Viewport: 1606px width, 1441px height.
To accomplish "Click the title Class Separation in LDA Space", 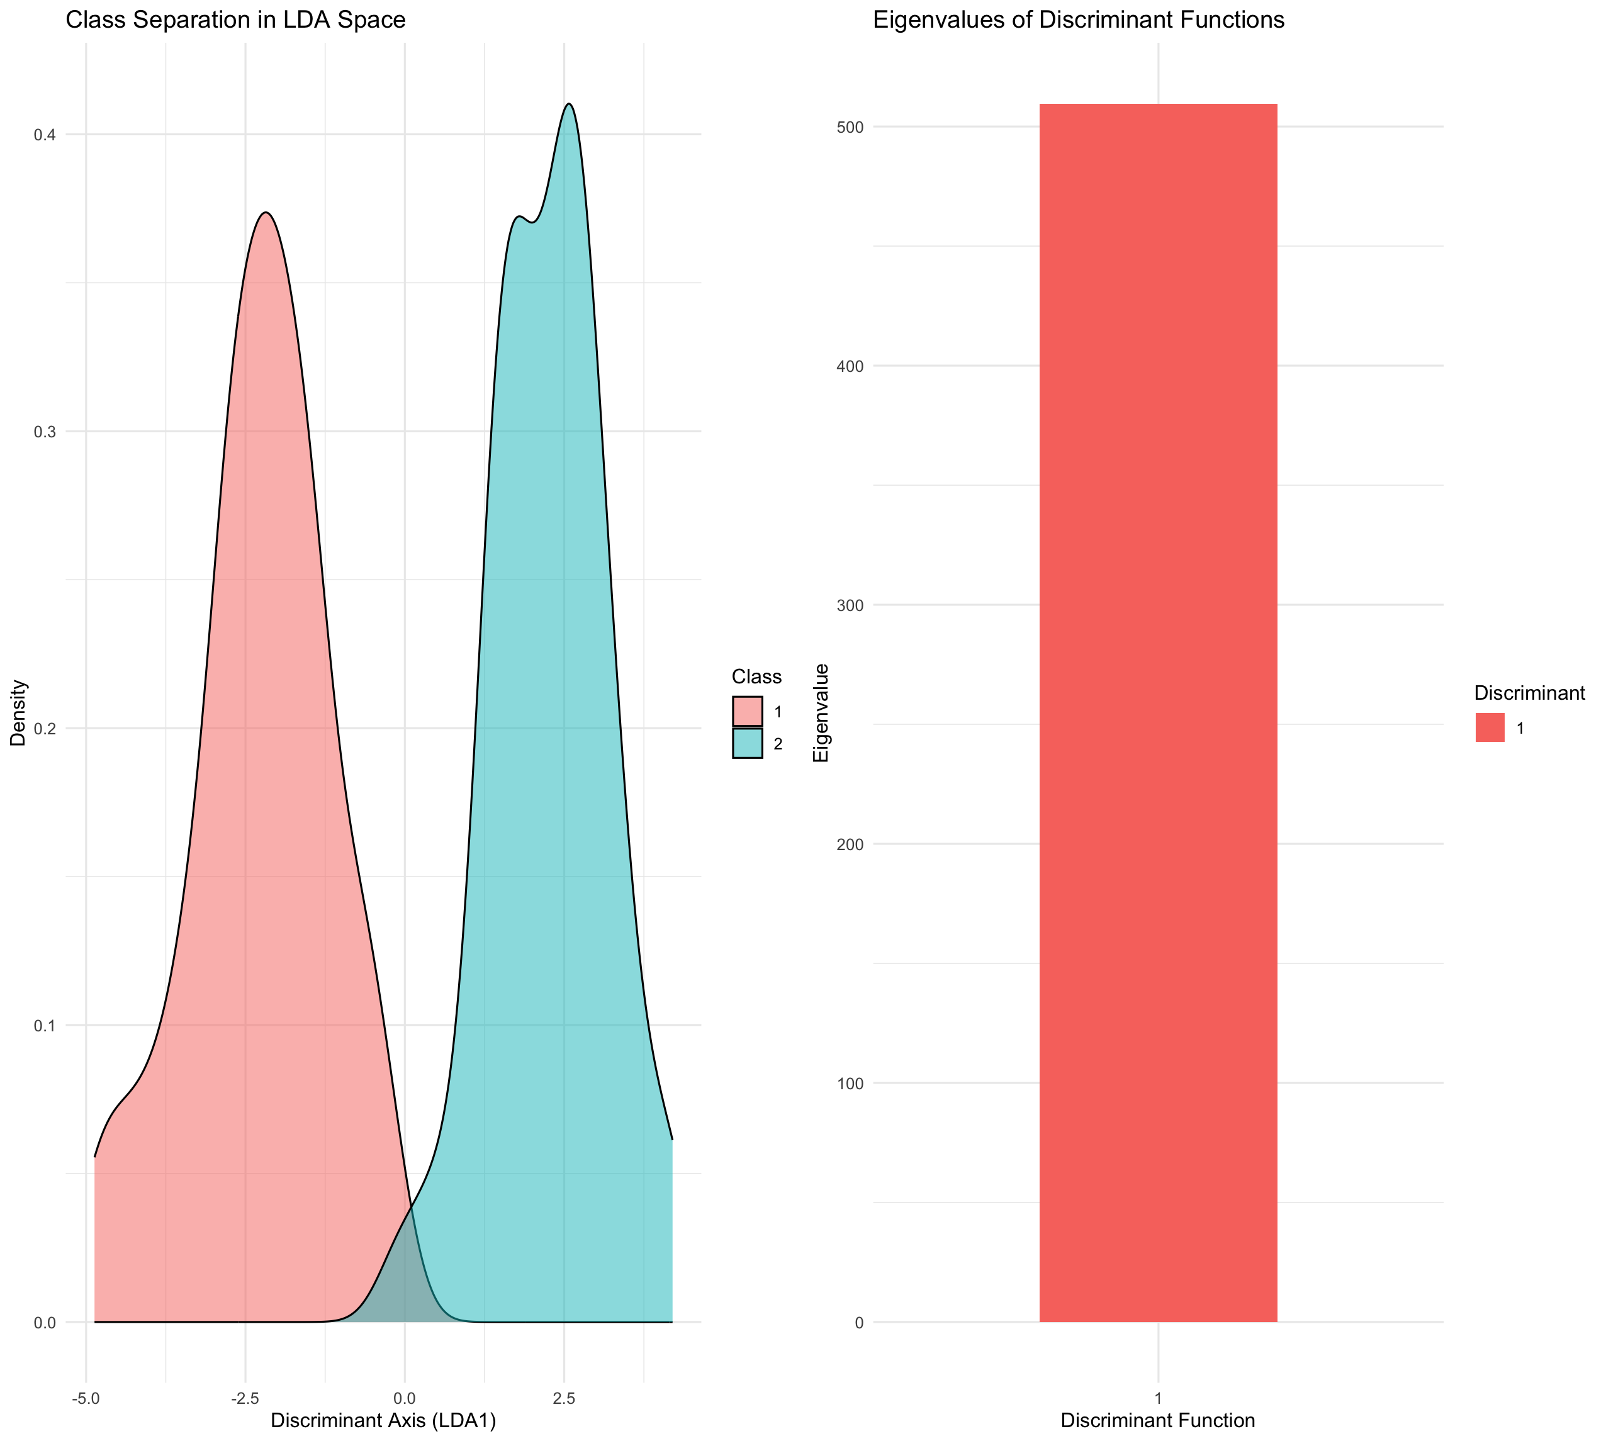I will (235, 20).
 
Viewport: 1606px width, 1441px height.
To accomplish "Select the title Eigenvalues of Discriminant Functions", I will (1078, 20).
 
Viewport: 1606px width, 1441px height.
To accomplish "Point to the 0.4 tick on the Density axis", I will (44, 135).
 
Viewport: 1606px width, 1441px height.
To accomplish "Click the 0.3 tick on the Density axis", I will (44, 432).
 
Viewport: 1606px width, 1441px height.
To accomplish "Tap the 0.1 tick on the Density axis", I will (44, 1025).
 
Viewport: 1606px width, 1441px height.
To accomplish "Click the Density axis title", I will (18, 712).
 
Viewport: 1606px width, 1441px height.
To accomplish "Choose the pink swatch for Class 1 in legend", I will (747, 711).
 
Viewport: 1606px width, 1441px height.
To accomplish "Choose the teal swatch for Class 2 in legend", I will (747, 743).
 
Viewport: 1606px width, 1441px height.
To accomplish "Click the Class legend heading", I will (756, 676).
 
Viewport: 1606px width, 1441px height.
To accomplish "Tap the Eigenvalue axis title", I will (821, 712).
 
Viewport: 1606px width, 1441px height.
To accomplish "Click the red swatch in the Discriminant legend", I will (1490, 727).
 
